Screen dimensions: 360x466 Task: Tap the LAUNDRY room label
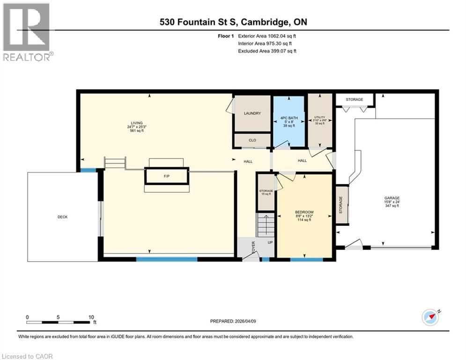(252, 113)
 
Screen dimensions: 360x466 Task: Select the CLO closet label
(252, 140)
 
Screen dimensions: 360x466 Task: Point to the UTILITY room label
(320, 118)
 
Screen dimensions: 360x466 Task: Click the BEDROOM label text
(304, 212)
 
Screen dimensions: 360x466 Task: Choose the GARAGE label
(392, 198)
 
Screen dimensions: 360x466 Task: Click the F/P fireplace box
(166, 176)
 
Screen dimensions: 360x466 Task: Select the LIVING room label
(137, 123)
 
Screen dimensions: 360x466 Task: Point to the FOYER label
(253, 247)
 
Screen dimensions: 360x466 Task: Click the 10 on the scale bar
(91, 317)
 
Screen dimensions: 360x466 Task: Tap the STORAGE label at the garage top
(355, 99)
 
